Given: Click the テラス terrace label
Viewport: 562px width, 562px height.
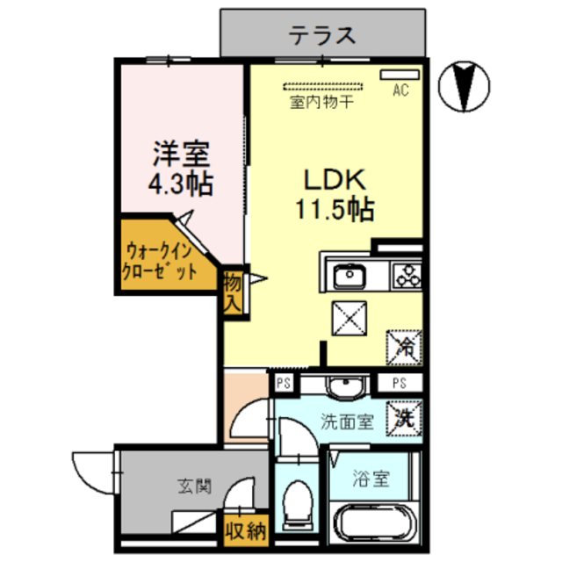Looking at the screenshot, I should point(323,36).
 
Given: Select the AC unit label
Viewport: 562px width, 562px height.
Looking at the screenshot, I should point(400,90).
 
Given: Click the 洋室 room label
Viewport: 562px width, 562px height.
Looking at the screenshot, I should point(182,155).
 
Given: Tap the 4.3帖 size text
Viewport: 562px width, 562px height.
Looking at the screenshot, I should point(182,185).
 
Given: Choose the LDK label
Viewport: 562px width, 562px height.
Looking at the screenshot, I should point(334,179).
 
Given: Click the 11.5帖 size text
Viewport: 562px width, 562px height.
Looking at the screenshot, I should point(334,210).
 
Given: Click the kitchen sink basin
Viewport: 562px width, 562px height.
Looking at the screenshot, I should point(349,277).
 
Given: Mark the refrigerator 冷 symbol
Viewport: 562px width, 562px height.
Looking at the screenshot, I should point(405,342).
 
